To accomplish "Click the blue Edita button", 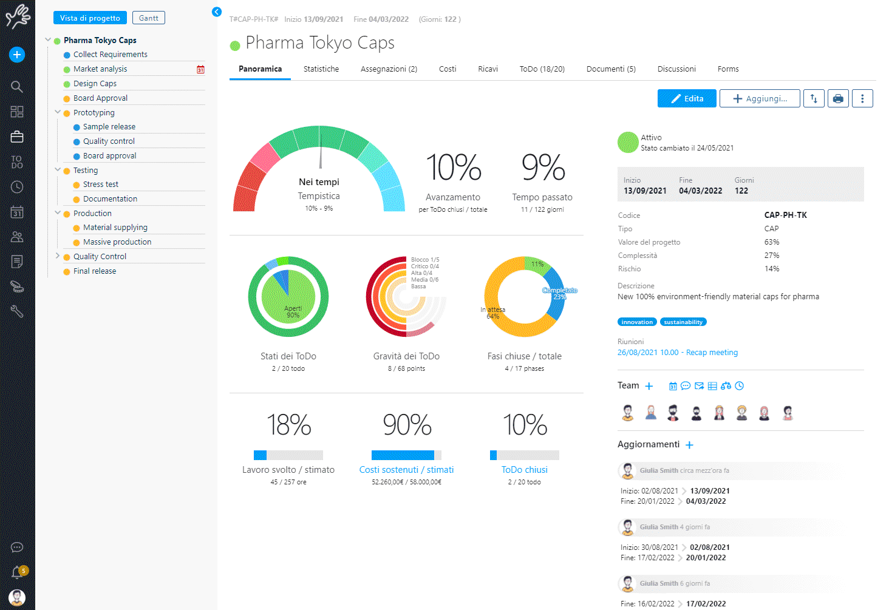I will click(x=687, y=98).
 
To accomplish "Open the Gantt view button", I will click(x=148, y=18).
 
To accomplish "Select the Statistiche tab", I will click(x=321, y=69).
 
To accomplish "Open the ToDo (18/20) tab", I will click(x=542, y=69).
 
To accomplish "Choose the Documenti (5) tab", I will click(x=611, y=69).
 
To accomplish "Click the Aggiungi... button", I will click(x=759, y=98).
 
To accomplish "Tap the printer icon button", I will click(x=838, y=98).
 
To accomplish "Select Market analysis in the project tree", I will click(x=100, y=69).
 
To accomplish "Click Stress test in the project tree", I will click(x=101, y=185).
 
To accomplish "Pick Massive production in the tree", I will click(x=117, y=242).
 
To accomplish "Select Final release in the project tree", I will click(x=95, y=271).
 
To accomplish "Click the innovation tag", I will click(x=637, y=322).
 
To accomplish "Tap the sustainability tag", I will click(x=683, y=322).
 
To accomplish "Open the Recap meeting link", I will click(x=678, y=353).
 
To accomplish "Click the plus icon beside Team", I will click(x=649, y=386).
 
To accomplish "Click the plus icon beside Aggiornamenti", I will click(x=689, y=445).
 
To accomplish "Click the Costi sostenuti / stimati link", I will click(x=406, y=470).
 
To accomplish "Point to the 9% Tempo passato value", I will click(x=543, y=168).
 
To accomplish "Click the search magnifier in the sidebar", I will click(x=17, y=86).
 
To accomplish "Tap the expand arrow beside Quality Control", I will click(x=58, y=256).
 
